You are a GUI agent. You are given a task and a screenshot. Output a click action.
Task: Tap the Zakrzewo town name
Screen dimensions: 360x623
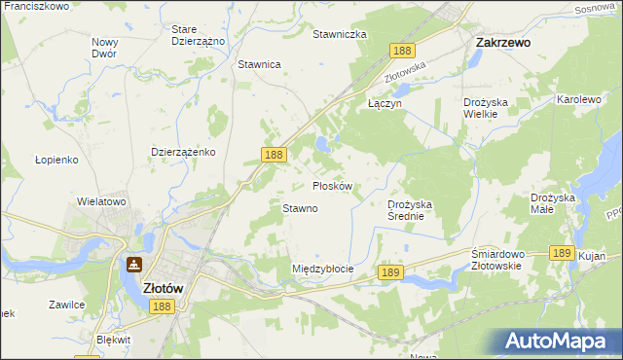[x=502, y=43]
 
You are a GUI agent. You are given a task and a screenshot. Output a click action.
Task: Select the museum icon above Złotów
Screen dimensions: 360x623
[x=133, y=265]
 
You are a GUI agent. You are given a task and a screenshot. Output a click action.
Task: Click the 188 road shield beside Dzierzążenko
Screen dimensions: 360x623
[x=274, y=155]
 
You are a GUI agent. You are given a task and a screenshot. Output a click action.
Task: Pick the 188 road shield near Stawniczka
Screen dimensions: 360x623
[x=401, y=50]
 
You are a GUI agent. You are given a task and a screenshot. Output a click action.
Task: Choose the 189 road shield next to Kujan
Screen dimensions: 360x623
[x=561, y=252]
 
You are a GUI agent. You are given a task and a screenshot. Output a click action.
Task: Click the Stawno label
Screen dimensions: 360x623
[x=300, y=208]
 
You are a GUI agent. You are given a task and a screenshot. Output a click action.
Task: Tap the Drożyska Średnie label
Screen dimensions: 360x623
[x=416, y=210]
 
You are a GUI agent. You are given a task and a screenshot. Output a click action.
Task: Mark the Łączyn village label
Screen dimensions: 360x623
[x=384, y=102]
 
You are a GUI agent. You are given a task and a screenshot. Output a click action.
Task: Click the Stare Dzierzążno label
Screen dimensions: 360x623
[x=198, y=36]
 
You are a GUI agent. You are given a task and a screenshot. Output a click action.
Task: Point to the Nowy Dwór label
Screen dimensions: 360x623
[x=104, y=48]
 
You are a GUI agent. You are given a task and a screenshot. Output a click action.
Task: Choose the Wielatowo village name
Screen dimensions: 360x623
[x=102, y=201]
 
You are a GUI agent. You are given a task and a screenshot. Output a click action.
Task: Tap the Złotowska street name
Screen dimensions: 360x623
[x=406, y=70]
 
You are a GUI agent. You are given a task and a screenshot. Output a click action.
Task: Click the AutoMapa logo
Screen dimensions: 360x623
[x=558, y=342]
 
